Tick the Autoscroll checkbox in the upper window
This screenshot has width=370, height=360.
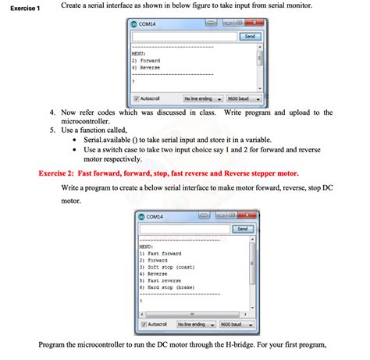(x=137, y=99)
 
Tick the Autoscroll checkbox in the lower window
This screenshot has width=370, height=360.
(x=144, y=324)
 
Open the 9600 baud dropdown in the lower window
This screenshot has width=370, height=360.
(x=235, y=324)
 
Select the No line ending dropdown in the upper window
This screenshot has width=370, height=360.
(x=201, y=99)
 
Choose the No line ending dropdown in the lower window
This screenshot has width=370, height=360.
(x=195, y=324)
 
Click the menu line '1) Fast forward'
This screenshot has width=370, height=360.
(x=160, y=253)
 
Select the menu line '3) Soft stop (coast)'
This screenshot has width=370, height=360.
(x=166, y=267)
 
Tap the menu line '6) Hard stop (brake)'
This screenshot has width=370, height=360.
(x=166, y=287)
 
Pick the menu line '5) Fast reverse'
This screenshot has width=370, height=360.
(x=160, y=280)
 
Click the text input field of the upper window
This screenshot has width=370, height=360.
(x=184, y=37)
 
